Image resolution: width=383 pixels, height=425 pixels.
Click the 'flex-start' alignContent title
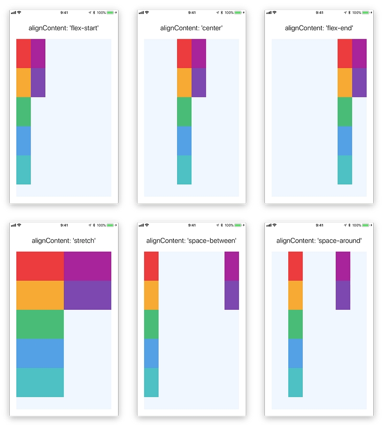(x=64, y=28)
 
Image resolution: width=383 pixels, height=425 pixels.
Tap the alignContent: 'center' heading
(x=191, y=28)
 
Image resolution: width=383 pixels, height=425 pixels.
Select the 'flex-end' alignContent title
(x=319, y=28)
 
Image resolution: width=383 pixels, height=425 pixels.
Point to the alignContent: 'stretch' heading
(x=64, y=240)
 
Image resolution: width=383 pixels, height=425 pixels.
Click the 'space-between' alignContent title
(x=191, y=240)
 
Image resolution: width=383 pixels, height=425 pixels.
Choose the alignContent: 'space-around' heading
(x=319, y=240)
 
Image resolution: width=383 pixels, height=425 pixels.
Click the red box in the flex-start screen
(x=23, y=53)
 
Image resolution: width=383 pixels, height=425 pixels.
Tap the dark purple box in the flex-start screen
(x=38, y=83)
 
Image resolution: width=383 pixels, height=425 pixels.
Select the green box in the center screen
(x=184, y=111)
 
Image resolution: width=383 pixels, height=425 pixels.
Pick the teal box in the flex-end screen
(x=345, y=169)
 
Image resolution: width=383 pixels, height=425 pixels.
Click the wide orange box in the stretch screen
(x=40, y=295)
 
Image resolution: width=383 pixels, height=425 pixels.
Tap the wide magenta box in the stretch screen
(x=87, y=266)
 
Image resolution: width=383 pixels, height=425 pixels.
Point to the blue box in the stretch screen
(x=40, y=353)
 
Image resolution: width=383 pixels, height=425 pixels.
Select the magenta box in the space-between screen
(x=232, y=266)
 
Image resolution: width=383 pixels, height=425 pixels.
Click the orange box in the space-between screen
(x=151, y=295)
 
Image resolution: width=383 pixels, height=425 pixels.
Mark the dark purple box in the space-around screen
(x=343, y=295)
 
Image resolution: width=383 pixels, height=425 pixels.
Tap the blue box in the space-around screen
(x=295, y=353)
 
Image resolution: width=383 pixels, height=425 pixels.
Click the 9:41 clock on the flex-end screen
(x=319, y=12)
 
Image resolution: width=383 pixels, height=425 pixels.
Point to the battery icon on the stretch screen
(x=111, y=225)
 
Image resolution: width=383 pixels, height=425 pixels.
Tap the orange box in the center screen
(x=184, y=83)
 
